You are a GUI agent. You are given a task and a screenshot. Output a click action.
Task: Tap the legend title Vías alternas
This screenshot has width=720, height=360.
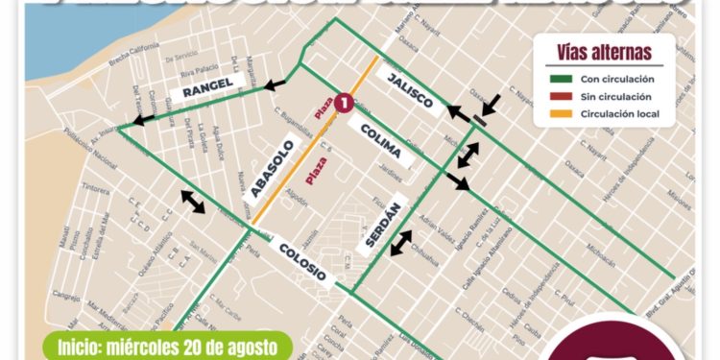pyautogui.click(x=603, y=52)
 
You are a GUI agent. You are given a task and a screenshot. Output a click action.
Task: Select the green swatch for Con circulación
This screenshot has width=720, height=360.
pyautogui.click(x=562, y=80)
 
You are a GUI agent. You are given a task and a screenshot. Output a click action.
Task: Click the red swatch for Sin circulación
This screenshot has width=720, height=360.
pyautogui.click(x=562, y=97)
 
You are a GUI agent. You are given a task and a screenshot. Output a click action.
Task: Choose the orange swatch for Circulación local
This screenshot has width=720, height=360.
pyautogui.click(x=562, y=114)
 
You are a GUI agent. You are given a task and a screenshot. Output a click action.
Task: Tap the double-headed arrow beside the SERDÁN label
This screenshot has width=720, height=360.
pyautogui.click(x=400, y=243)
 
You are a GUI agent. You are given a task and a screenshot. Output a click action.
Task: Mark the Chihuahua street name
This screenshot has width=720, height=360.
pyautogui.click(x=423, y=247)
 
